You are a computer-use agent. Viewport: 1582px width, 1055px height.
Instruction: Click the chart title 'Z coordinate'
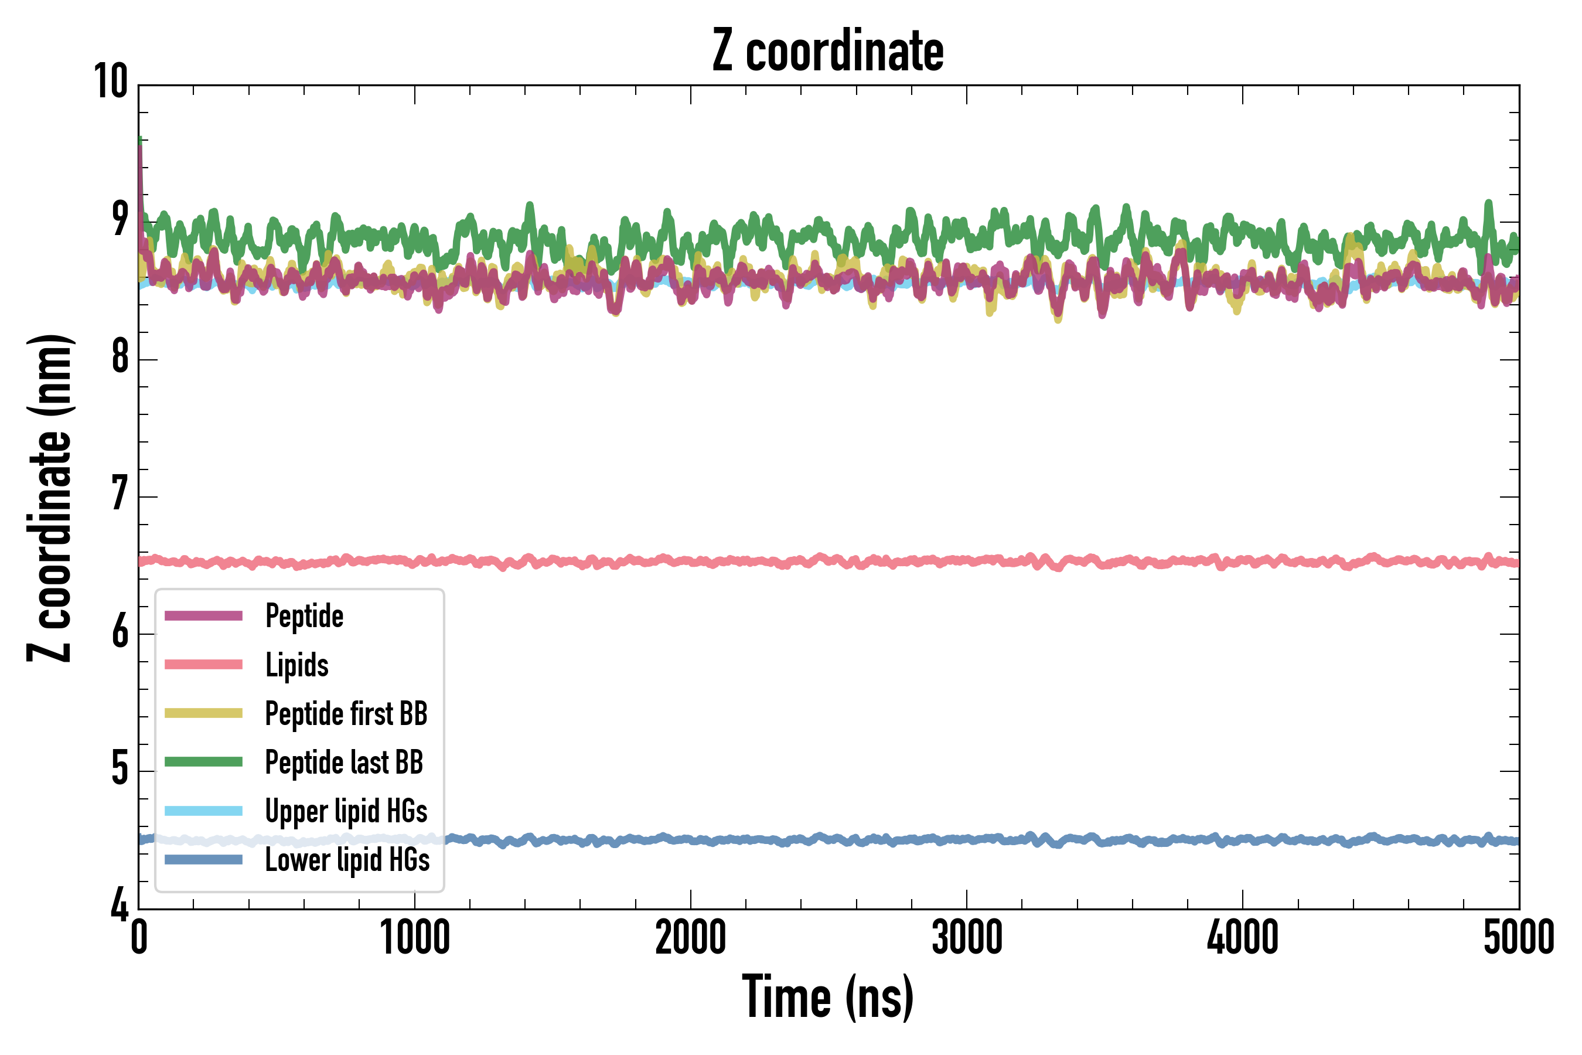click(828, 51)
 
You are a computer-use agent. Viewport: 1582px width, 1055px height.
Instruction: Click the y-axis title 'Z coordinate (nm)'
click(50, 498)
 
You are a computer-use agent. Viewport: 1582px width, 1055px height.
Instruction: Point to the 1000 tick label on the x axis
click(414, 937)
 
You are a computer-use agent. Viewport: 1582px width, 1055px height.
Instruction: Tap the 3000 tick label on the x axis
click(967, 937)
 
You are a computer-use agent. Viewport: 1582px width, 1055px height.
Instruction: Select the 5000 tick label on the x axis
click(1519, 937)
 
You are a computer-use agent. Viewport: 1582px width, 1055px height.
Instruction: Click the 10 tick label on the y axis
click(110, 82)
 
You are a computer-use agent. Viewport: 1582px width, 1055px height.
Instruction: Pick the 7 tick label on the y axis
click(120, 494)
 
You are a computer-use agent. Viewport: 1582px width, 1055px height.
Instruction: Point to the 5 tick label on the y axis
click(120, 768)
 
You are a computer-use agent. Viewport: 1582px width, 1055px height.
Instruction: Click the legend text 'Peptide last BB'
click(344, 763)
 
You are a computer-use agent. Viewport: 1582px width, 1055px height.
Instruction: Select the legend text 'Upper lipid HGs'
click(346, 811)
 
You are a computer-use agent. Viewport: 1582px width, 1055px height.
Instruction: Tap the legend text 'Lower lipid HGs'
click(347, 860)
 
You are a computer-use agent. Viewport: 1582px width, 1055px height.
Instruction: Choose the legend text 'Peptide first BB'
click(346, 714)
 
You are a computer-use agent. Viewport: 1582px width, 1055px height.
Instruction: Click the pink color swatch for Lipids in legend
click(203, 665)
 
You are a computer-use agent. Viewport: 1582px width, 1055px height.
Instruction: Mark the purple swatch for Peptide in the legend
click(203, 615)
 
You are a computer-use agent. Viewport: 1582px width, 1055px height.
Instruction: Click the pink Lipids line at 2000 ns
click(691, 560)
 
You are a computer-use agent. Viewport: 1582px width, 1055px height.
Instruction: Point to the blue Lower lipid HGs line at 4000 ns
click(1242, 840)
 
